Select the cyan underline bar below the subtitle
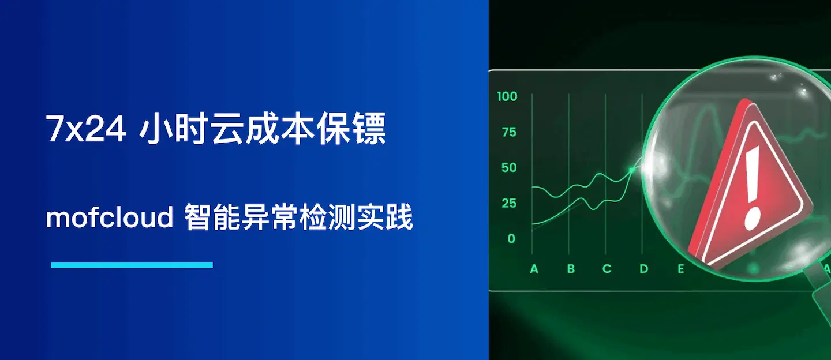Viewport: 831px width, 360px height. pyautogui.click(x=132, y=265)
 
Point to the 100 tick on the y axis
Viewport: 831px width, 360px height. pyautogui.click(x=507, y=96)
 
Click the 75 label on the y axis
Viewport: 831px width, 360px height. pyautogui.click(x=509, y=132)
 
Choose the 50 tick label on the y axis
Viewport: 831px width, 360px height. pyautogui.click(x=509, y=168)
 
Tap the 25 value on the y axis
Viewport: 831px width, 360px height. pyautogui.click(x=509, y=203)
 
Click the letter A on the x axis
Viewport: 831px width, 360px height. pyautogui.click(x=534, y=269)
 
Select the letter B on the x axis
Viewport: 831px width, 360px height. pyautogui.click(x=571, y=269)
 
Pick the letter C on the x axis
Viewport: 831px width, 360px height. pyautogui.click(x=607, y=269)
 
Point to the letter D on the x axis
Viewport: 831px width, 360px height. pyautogui.click(x=644, y=269)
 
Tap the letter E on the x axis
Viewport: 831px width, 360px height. pyautogui.click(x=681, y=269)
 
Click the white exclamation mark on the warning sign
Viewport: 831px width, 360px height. pyautogui.click(x=751, y=186)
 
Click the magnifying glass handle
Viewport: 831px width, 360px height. pyautogui.click(x=822, y=288)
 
